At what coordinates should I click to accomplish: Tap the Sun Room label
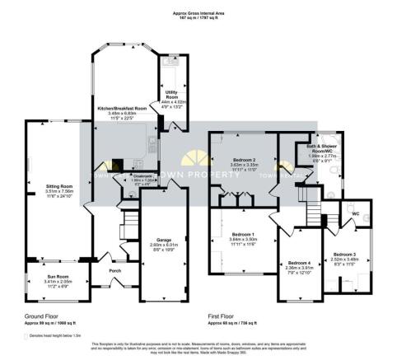pos(56,277)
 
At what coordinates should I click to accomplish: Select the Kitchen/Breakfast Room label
pos(121,108)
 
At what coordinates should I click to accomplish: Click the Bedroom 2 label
pos(243,158)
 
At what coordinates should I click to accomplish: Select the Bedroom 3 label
pos(345,255)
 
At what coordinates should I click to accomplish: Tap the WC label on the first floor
pos(356,214)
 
